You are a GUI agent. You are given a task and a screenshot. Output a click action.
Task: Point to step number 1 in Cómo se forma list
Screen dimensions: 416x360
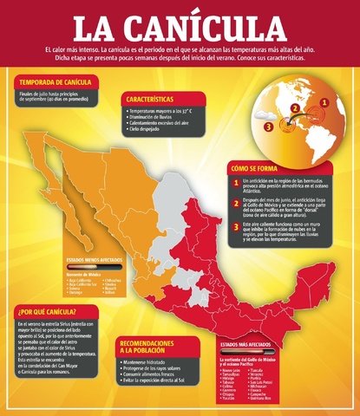coord(236,184)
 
